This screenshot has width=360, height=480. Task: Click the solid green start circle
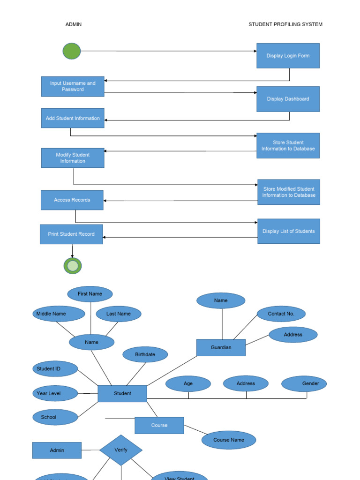(x=72, y=51)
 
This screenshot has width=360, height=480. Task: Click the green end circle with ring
(x=73, y=266)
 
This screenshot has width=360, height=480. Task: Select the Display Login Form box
(x=288, y=56)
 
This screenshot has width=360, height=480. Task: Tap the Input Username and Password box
(x=73, y=86)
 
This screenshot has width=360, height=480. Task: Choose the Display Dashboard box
(x=288, y=99)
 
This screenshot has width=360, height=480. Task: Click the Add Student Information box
(x=73, y=118)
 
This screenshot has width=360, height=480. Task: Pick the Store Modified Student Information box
(x=289, y=192)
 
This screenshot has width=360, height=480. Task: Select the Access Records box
(x=72, y=200)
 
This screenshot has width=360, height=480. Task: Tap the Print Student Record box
(x=71, y=234)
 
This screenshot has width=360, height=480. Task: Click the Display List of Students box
(x=289, y=231)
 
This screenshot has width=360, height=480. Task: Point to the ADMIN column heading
(x=74, y=24)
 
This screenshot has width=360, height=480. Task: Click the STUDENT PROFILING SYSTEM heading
(x=285, y=24)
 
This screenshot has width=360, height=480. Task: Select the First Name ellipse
(x=90, y=294)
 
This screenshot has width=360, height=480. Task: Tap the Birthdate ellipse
(x=145, y=354)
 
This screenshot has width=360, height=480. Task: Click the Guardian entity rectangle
(x=221, y=348)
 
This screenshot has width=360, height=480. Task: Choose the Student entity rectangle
(x=122, y=394)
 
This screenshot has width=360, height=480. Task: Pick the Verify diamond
(x=121, y=450)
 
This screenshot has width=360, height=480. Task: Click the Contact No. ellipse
(x=281, y=314)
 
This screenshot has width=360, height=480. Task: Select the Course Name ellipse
(x=229, y=440)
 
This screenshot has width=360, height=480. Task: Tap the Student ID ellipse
(x=55, y=369)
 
